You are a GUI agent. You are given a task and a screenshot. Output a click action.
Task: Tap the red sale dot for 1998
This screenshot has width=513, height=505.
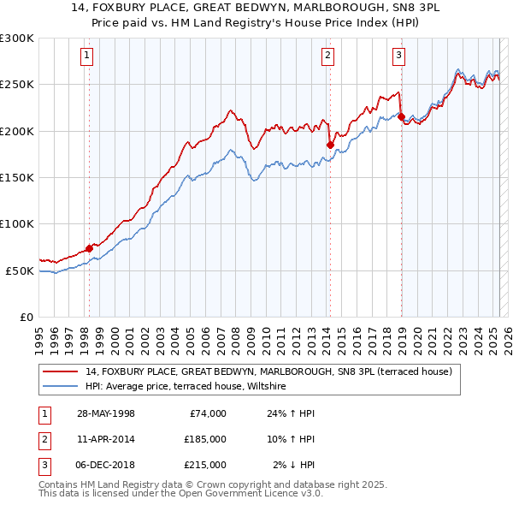[x=89, y=247]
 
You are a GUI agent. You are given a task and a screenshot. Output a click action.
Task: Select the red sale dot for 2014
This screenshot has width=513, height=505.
[x=329, y=145]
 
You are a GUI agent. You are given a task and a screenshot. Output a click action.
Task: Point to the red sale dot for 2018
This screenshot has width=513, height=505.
[x=400, y=116]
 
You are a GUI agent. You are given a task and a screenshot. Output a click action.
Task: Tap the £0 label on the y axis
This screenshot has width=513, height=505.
[x=25, y=317]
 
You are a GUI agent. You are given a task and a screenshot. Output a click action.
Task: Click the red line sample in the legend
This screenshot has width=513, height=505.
[x=62, y=371]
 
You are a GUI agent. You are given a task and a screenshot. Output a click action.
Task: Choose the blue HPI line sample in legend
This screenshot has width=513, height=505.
[x=62, y=387]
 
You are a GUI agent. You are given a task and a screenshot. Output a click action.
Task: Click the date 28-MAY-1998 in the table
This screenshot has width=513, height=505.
[x=105, y=413]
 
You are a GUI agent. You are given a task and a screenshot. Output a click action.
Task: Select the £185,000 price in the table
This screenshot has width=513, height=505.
[x=204, y=439]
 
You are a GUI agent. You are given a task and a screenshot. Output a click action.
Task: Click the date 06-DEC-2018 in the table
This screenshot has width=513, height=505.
[x=105, y=465]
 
